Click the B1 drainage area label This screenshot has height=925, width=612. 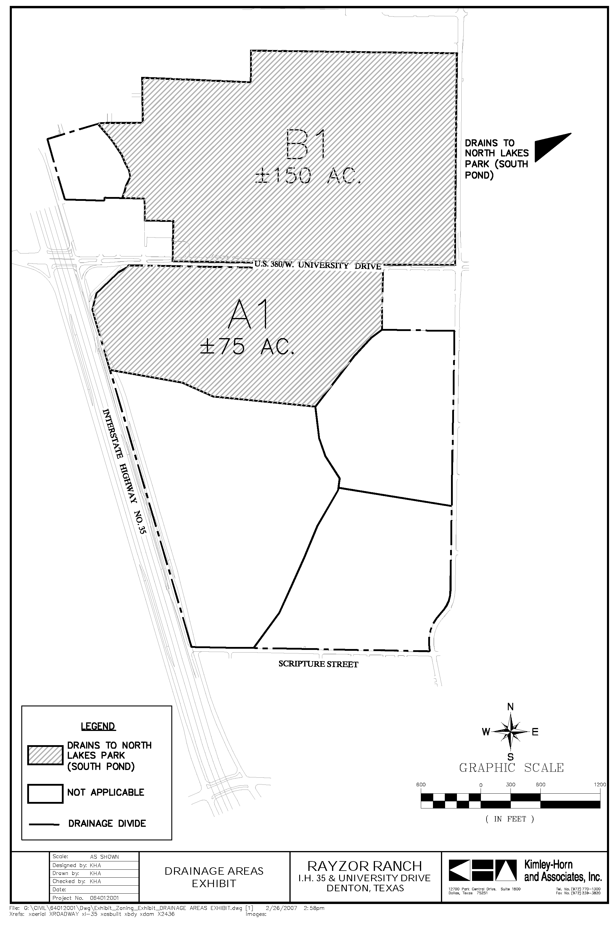pos(305,144)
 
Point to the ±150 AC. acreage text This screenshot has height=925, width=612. pos(308,177)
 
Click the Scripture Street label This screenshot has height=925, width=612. pos(318,664)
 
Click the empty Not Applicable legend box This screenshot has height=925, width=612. pos(45,794)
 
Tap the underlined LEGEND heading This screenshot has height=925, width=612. pos(98,727)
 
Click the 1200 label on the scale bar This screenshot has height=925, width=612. pos(600,784)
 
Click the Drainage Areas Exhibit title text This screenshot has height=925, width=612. pos(214,877)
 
